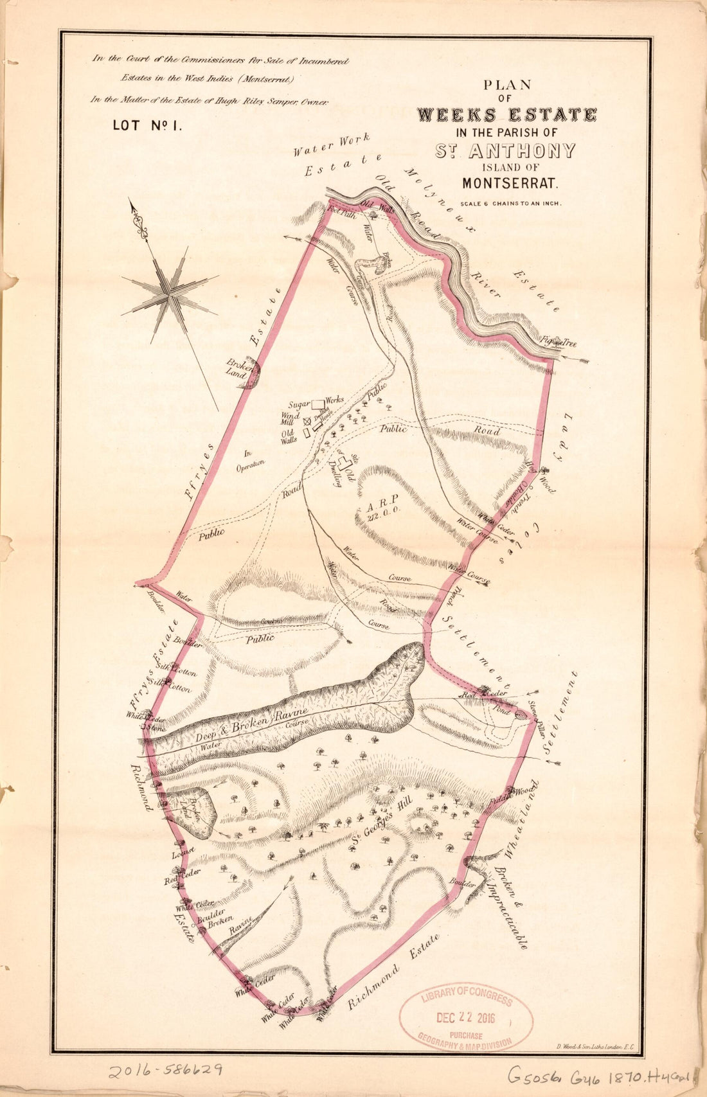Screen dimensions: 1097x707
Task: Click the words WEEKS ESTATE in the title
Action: (x=506, y=116)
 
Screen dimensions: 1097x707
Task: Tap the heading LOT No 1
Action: (x=148, y=125)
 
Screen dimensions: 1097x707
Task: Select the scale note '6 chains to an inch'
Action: (x=511, y=204)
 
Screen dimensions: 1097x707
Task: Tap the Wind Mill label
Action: (x=292, y=419)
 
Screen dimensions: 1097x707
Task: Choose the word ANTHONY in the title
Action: (x=523, y=152)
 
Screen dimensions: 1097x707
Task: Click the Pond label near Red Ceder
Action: (x=501, y=712)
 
